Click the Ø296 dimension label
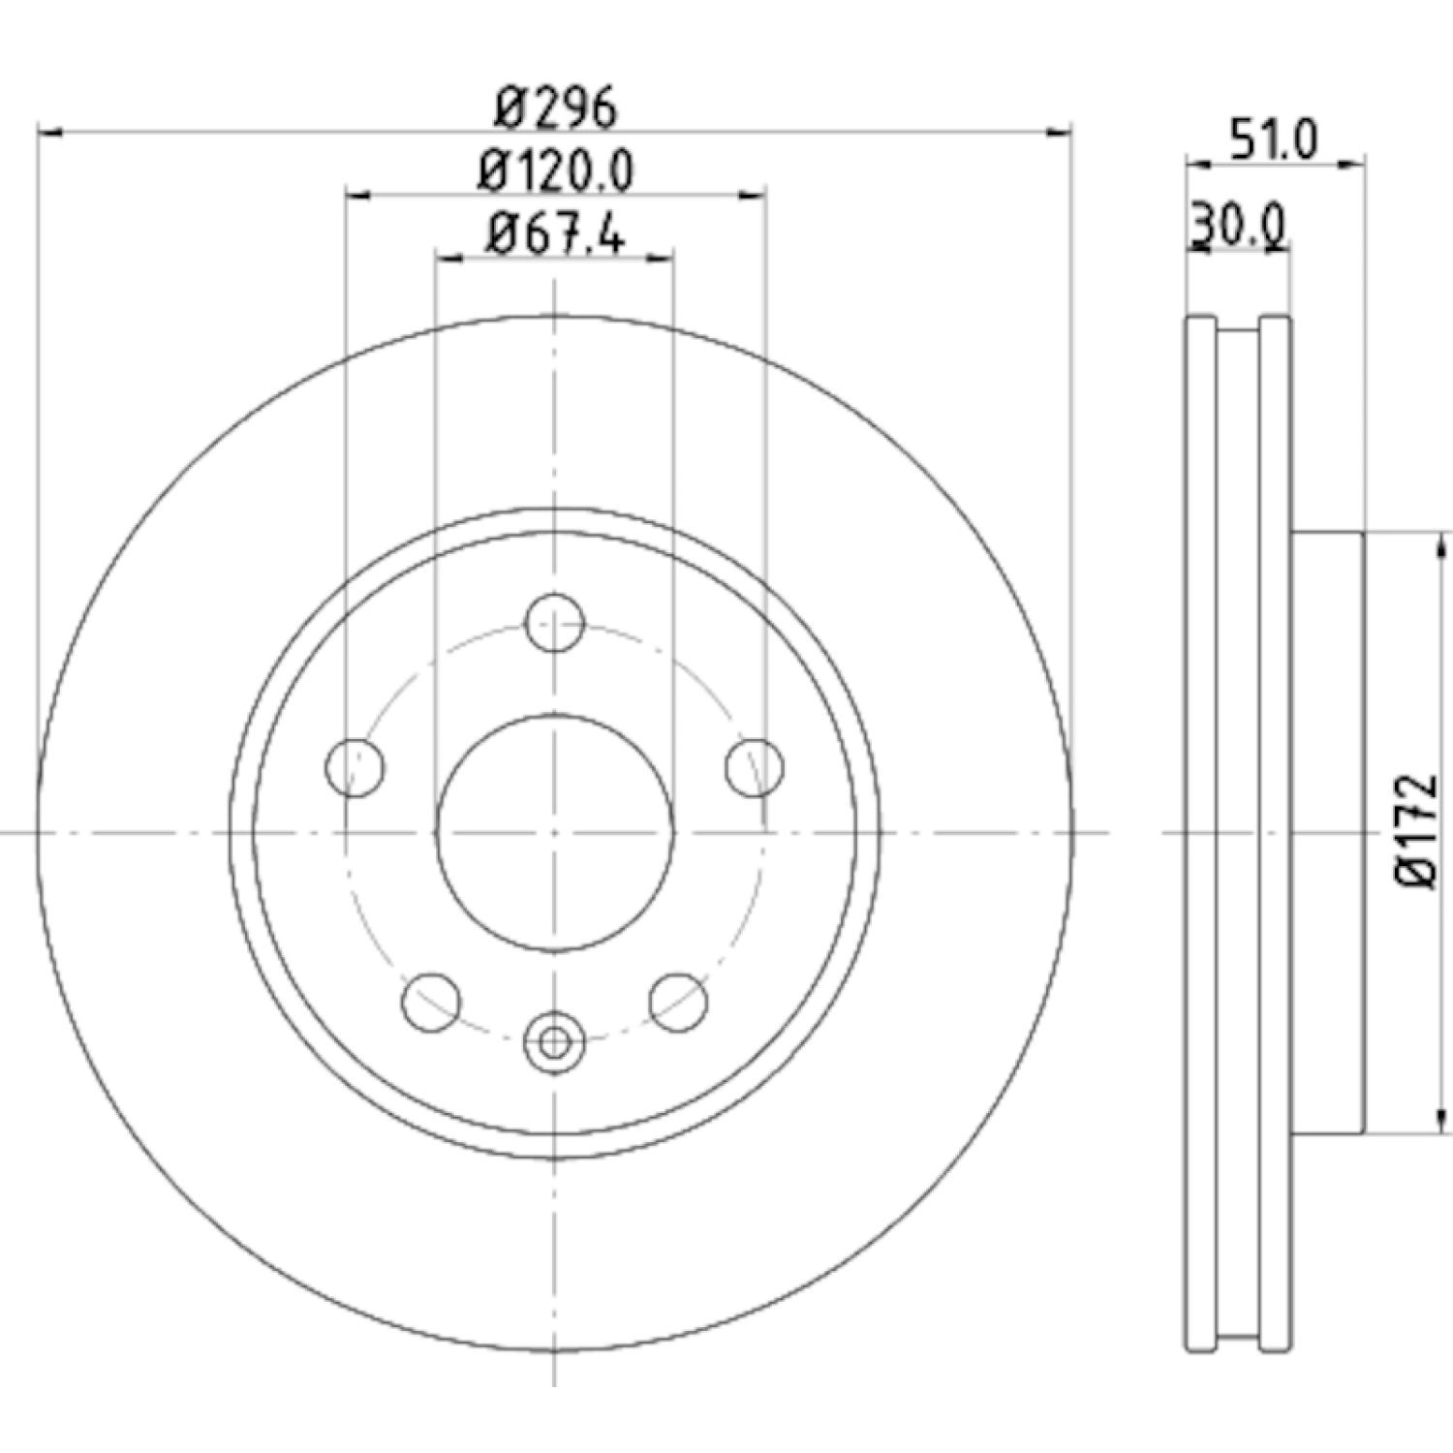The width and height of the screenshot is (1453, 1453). coord(555,108)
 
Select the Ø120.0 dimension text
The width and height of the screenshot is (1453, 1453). coord(556,172)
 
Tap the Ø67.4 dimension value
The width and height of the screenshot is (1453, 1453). coord(556,234)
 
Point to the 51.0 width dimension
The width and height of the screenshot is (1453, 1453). coord(1275,141)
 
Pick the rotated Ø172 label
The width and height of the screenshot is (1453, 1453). coord(1416,832)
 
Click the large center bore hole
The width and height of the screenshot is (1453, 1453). coord(554,832)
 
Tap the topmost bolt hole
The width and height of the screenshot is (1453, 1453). coord(554,623)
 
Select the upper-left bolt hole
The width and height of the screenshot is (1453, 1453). coord(356,767)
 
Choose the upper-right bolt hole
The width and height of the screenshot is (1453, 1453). coord(755,767)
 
